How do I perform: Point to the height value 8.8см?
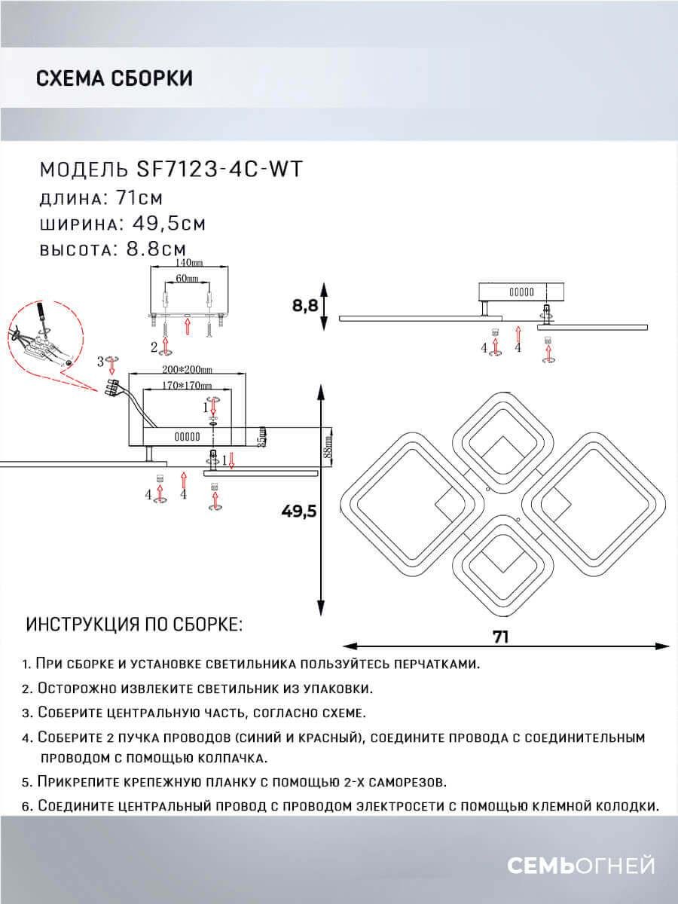click(x=152, y=249)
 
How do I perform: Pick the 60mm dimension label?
click(x=187, y=279)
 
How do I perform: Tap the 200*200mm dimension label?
click(x=185, y=370)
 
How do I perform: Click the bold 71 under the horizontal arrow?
click(x=501, y=637)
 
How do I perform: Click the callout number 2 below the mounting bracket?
click(x=154, y=347)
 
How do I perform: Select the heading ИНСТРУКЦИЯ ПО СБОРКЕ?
click(x=134, y=625)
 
